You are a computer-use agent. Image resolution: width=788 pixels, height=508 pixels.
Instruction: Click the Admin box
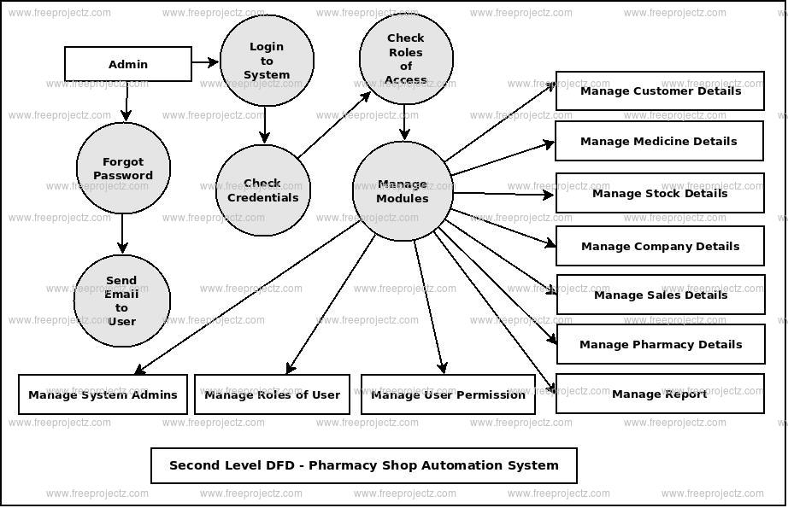click(128, 64)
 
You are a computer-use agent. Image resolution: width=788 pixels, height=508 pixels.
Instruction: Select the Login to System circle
click(267, 61)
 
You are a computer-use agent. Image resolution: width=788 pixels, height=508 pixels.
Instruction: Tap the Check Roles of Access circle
click(405, 59)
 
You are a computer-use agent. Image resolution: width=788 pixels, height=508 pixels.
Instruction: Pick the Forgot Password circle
click(123, 168)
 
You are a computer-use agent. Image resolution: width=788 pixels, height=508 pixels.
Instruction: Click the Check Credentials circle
click(262, 190)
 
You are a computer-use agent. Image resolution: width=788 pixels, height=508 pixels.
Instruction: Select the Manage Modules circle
click(402, 191)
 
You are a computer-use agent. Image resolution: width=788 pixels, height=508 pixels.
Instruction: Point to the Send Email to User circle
click(121, 301)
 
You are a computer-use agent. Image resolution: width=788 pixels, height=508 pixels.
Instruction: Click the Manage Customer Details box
click(659, 91)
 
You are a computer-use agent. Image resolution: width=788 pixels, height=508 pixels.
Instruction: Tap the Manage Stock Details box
click(659, 193)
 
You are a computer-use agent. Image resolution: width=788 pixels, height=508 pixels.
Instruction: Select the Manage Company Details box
click(659, 246)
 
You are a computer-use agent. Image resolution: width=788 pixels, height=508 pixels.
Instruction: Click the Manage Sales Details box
click(660, 295)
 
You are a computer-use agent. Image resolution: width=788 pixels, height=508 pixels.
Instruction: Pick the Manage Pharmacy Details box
click(660, 344)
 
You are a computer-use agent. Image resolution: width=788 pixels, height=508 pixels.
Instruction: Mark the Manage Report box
click(659, 394)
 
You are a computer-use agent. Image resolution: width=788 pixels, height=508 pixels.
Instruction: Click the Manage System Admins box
click(103, 394)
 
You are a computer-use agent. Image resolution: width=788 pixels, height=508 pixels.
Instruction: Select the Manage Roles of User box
click(272, 394)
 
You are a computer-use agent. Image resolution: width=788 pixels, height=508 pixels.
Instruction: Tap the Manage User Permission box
click(448, 394)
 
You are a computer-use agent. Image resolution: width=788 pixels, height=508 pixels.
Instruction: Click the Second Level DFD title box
click(363, 465)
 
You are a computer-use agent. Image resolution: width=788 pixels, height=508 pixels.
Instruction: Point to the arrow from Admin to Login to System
click(205, 61)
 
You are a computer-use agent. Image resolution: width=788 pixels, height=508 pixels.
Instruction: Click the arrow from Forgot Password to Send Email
click(122, 232)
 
